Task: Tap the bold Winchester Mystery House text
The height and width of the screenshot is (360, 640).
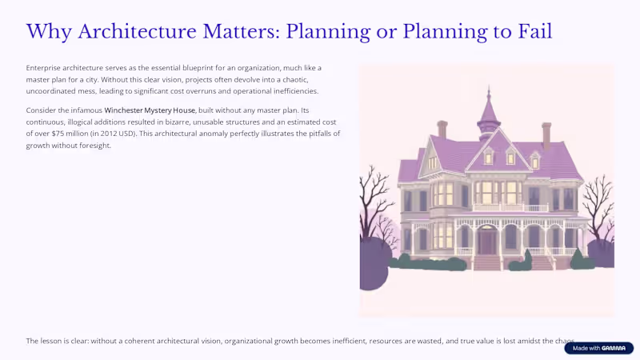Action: coord(150,110)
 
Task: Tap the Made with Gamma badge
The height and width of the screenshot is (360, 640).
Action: coord(598,348)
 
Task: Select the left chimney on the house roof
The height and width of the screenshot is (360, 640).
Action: coord(442,130)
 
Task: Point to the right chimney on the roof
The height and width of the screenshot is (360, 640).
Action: coord(546,134)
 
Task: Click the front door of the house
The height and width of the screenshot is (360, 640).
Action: coord(487,240)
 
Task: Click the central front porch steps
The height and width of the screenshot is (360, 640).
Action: coord(487,262)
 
